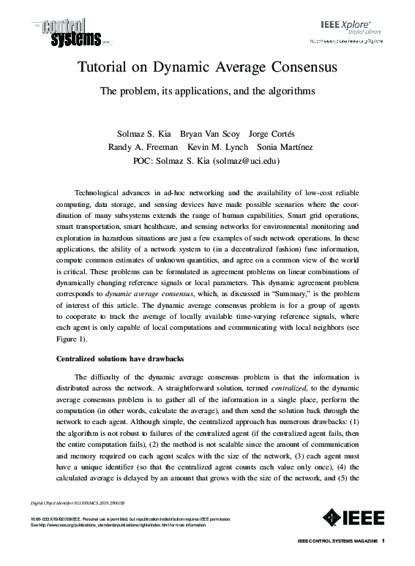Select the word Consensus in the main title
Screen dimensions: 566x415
pos(300,69)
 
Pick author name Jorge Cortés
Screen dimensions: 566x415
pos(272,134)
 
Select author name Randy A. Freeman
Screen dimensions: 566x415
pos(141,147)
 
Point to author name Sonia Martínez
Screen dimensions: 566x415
pos(285,147)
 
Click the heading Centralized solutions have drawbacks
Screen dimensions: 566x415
pos(119,359)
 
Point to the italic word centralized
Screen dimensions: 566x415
pos(288,390)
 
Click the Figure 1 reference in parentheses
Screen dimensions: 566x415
pos(71,339)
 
